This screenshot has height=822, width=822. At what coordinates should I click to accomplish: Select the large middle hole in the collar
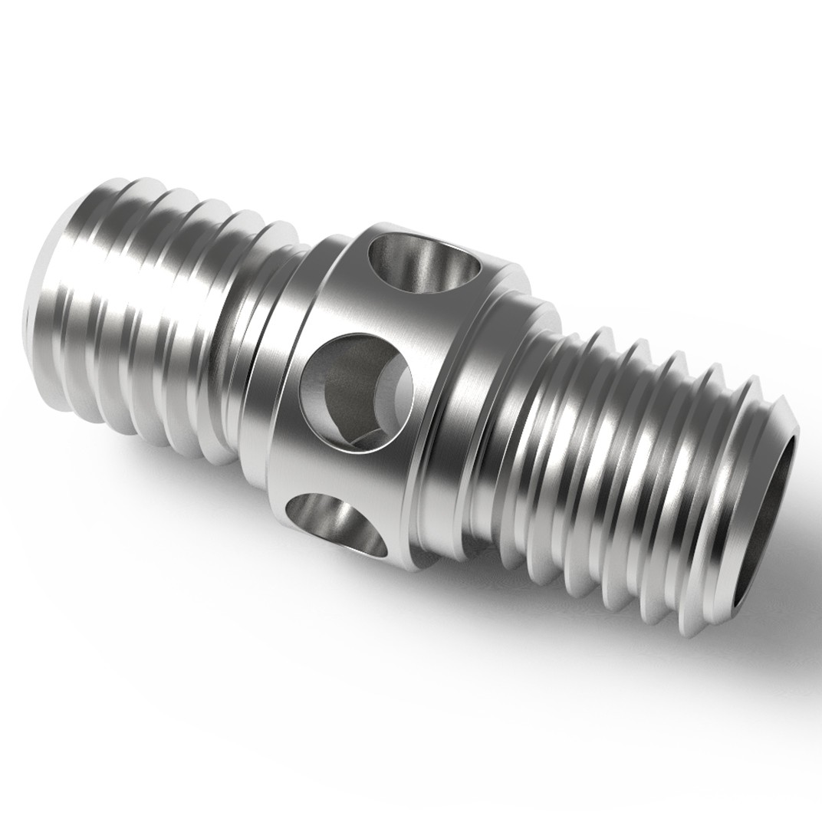coord(355,393)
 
